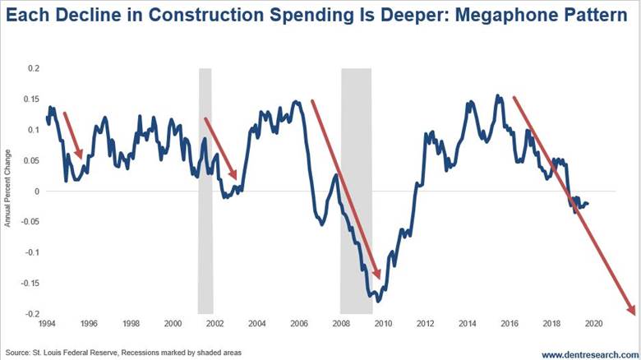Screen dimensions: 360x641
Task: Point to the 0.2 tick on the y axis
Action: [x=33, y=68]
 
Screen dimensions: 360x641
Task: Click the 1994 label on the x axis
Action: [x=47, y=323]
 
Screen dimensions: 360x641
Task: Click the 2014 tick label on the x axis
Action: [x=466, y=323]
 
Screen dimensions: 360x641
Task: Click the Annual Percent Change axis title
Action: [x=7, y=188]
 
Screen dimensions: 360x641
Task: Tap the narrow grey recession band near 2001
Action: [x=205, y=189]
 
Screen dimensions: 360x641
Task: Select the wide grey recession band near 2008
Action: [x=357, y=189]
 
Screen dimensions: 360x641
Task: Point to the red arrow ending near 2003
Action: [x=220, y=149]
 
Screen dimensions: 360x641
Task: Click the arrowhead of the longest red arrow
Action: [x=631, y=311]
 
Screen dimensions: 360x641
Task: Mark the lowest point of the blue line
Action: [x=378, y=301]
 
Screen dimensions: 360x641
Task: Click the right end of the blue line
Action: [x=588, y=204]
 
